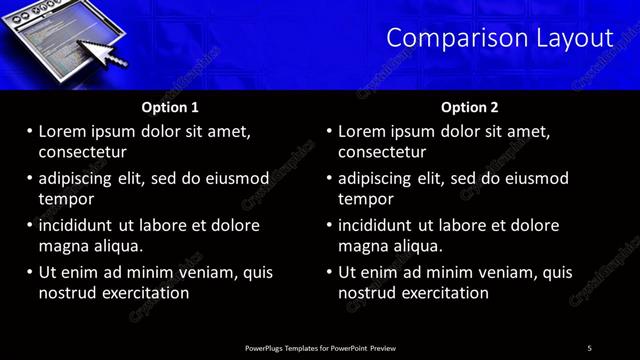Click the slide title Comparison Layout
[499, 38]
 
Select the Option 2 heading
[469, 107]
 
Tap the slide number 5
[589, 348]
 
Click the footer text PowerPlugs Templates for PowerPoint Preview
[320, 348]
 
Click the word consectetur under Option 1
[82, 152]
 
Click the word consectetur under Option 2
[382, 152]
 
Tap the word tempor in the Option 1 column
[65, 199]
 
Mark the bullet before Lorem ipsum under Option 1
[29, 131]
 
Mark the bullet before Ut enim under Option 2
[329, 272]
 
